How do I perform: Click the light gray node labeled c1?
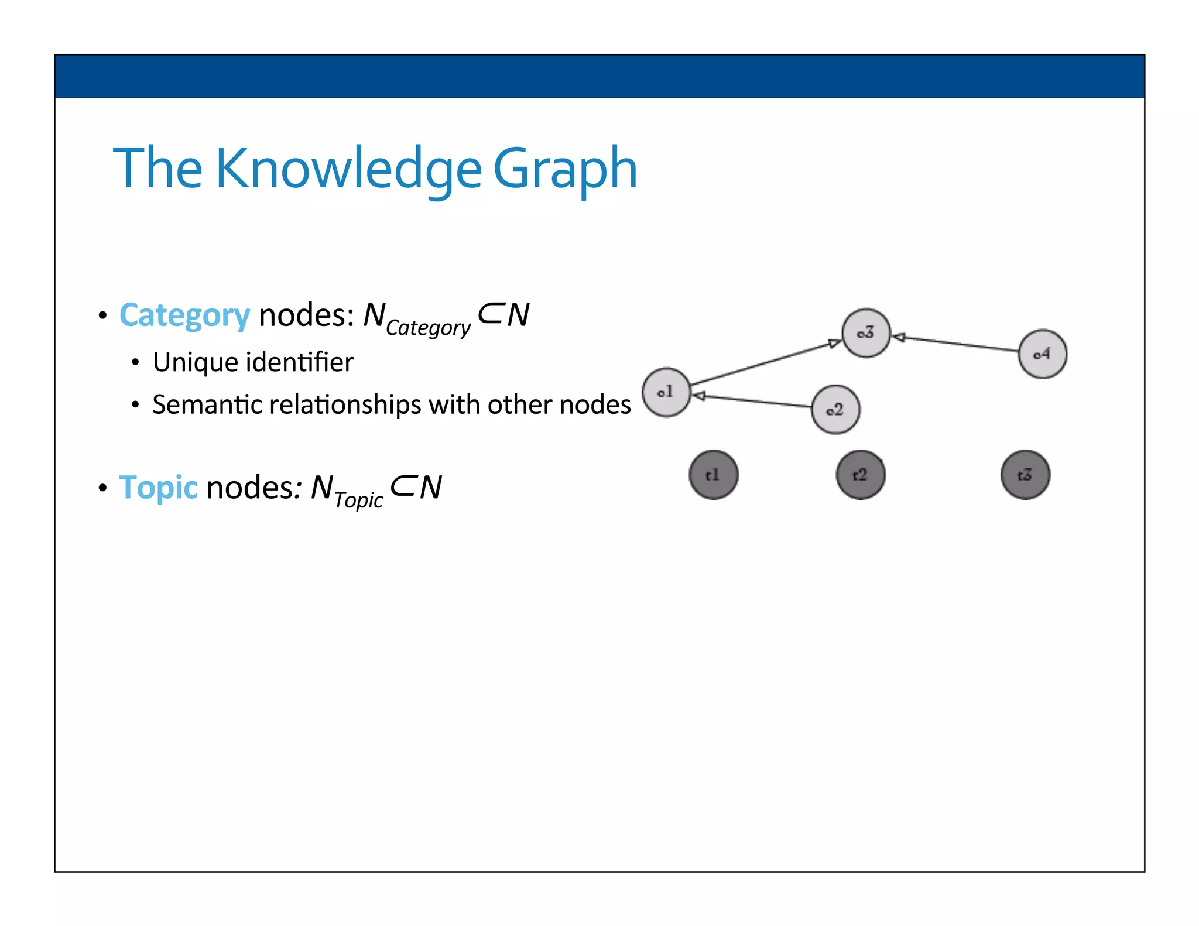point(666,392)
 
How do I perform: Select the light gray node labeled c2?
point(835,410)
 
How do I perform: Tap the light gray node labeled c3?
point(866,333)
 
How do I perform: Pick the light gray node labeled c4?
point(1042,354)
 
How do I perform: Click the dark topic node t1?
point(713,475)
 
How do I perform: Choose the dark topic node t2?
point(860,475)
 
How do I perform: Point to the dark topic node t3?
point(1025,475)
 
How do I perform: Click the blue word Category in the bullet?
point(184,315)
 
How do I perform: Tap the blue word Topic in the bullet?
point(158,488)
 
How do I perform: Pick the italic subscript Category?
point(428,328)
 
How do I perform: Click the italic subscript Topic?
point(358,500)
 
